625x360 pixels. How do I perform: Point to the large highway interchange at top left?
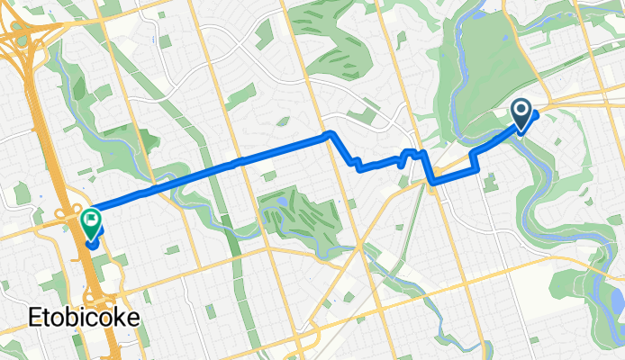tap(27, 40)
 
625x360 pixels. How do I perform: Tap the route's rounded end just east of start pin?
tap(536, 114)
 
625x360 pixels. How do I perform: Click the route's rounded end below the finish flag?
tap(93, 242)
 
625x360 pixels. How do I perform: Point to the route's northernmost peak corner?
tap(330, 134)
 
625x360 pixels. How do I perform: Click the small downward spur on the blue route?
tap(399, 166)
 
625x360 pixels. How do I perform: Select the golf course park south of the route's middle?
tap(293, 211)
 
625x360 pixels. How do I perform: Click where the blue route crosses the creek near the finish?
tap(144, 192)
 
